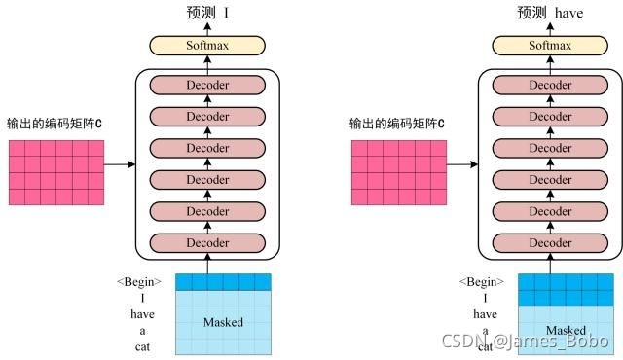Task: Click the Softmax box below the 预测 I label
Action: click(x=207, y=45)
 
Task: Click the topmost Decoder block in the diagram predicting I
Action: click(x=207, y=86)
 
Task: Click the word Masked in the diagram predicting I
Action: click(x=224, y=322)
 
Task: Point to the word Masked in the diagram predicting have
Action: click(x=566, y=331)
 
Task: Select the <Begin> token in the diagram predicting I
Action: click(x=140, y=282)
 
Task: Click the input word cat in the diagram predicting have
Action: click(x=485, y=347)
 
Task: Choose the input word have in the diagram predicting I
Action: click(x=142, y=315)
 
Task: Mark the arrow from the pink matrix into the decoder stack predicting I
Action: click(x=118, y=164)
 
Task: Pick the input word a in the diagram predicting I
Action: click(x=142, y=331)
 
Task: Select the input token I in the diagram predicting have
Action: click(x=484, y=299)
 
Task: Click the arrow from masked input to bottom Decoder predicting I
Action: click(x=207, y=264)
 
